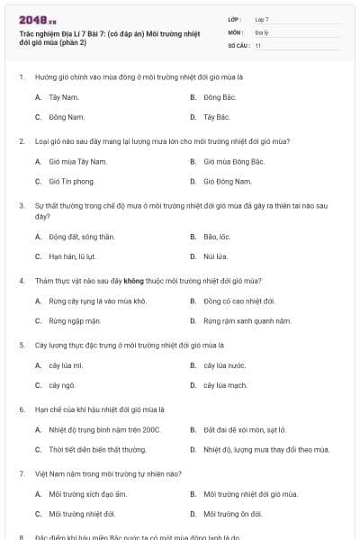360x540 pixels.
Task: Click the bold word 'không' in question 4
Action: (x=134, y=280)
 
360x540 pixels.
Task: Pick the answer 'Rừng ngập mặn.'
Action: (x=75, y=320)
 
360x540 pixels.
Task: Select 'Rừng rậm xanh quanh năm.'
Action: (x=247, y=320)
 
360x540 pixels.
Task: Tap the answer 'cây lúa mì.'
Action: (x=66, y=365)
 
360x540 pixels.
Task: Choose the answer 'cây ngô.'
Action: (x=60, y=386)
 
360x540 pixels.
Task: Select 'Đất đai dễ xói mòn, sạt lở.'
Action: (x=245, y=429)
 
